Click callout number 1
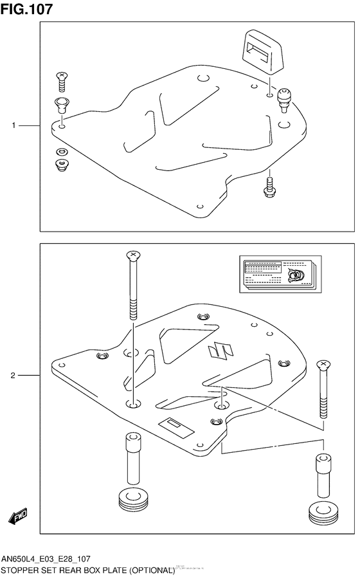pos(13,126)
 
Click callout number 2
pos(13,375)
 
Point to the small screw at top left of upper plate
pos(62,80)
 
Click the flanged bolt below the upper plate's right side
pos(269,185)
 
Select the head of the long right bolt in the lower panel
pos(322,367)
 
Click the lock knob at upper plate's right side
pos(284,100)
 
